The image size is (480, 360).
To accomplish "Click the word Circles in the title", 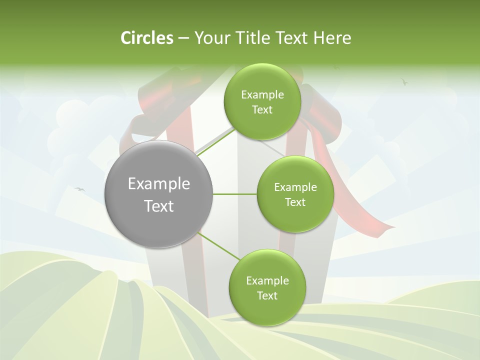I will coord(146,38).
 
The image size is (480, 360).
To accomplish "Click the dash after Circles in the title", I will coord(183,38).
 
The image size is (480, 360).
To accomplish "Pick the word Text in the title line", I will coord(291,38).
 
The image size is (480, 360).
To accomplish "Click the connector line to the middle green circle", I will coord(234,194).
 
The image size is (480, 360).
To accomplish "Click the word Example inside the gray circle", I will coord(158,184).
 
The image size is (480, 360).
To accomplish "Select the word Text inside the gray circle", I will coord(158,206).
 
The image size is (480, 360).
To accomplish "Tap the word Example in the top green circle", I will coord(262,95).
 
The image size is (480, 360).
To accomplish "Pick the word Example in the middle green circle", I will coord(295,187).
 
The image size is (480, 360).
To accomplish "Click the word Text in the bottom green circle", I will coord(267,295).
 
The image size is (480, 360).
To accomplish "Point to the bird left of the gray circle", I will coord(79,189).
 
